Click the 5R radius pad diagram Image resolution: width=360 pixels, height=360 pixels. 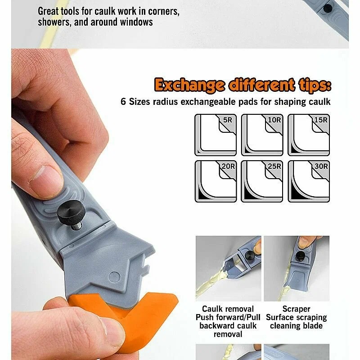[x=216, y=135]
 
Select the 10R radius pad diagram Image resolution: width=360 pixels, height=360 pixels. [x=262, y=135]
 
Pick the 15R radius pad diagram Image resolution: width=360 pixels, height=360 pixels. [x=309, y=135]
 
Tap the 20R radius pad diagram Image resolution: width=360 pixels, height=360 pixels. [x=216, y=181]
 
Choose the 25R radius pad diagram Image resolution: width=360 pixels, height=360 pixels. [x=262, y=181]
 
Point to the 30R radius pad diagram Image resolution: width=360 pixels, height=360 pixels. [x=309, y=181]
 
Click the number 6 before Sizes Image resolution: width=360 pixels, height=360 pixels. [x=123, y=102]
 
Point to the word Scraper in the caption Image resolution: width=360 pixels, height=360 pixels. [x=296, y=309]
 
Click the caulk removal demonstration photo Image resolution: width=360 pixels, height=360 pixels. [x=229, y=268]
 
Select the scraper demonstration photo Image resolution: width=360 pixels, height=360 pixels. [x=297, y=268]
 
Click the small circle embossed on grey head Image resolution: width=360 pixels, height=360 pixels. [x=114, y=277]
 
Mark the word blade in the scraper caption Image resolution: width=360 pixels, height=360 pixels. [x=314, y=326]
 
